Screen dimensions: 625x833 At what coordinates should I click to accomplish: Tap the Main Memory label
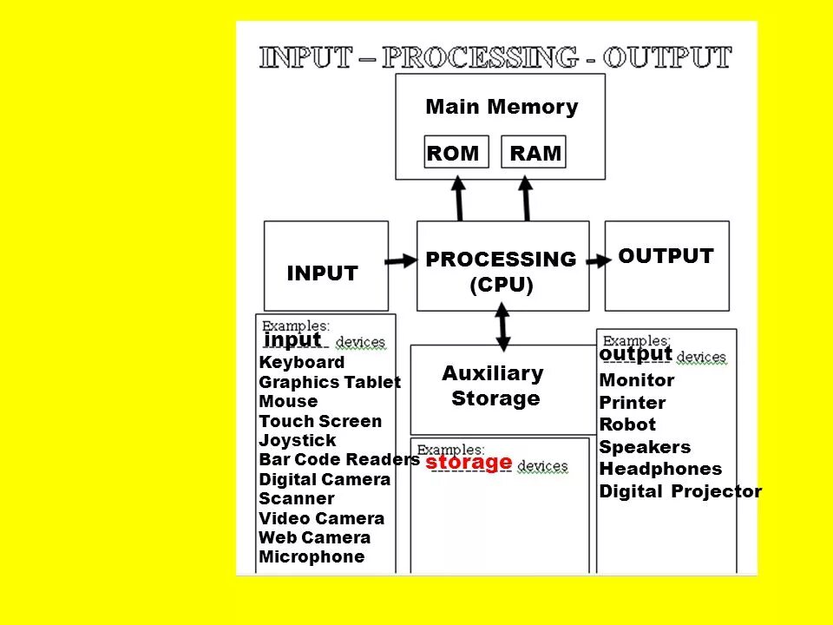click(502, 108)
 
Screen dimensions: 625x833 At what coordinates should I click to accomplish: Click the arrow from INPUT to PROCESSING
click(401, 260)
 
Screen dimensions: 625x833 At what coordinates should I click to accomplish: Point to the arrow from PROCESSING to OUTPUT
click(598, 260)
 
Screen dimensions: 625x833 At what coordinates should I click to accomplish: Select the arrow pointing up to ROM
click(459, 198)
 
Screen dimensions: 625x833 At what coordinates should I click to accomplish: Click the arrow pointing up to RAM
click(526, 198)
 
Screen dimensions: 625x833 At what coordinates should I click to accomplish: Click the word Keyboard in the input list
click(302, 362)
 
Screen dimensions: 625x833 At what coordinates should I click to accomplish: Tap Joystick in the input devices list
click(297, 440)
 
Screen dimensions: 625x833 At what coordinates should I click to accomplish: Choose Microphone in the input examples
click(312, 557)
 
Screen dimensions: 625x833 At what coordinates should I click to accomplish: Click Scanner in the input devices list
click(296, 498)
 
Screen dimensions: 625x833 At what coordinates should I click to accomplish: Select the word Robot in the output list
click(627, 424)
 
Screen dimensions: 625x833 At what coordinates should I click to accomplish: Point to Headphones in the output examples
click(660, 469)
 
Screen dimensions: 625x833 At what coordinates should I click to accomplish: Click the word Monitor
click(636, 380)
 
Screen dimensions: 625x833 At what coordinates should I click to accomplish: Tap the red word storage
click(469, 462)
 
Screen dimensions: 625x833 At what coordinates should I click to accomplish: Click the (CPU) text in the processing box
click(501, 286)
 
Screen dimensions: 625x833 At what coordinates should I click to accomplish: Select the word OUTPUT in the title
click(668, 58)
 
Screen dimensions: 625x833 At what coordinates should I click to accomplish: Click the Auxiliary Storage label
click(494, 386)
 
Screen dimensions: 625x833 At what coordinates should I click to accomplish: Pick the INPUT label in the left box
click(322, 273)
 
